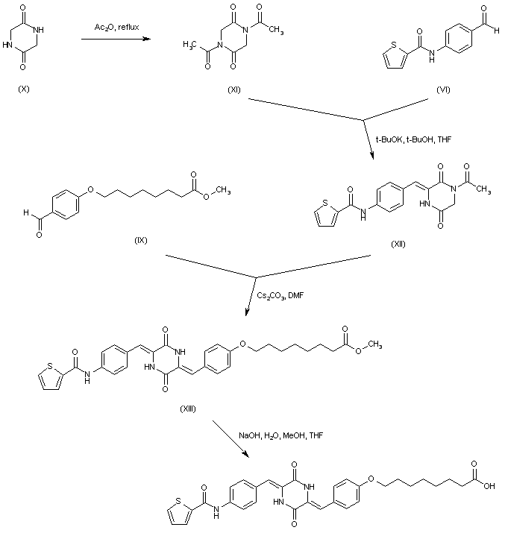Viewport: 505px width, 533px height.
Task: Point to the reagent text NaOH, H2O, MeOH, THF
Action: (281, 434)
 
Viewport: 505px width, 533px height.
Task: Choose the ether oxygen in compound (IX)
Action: (91, 189)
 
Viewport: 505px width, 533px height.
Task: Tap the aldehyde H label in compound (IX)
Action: (28, 213)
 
